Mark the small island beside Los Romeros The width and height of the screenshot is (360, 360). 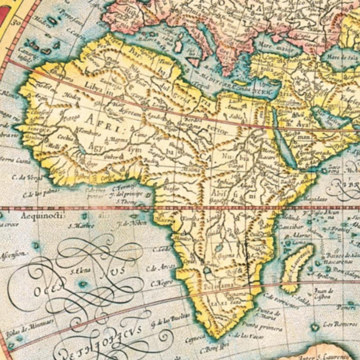(315, 326)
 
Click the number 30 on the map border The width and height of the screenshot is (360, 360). (17, 21)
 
